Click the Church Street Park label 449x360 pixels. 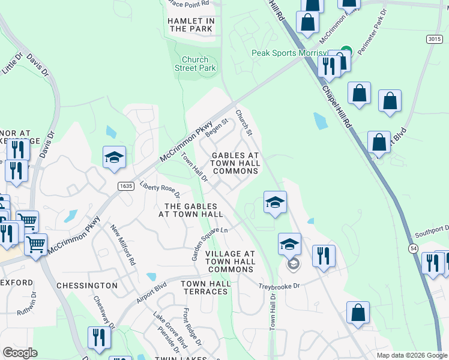(x=195, y=64)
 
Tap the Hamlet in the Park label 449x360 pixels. (x=190, y=25)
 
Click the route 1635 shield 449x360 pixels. (x=125, y=187)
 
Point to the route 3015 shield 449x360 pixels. (x=435, y=39)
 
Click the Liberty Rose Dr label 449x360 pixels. (x=160, y=188)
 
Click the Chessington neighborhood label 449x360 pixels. (x=86, y=285)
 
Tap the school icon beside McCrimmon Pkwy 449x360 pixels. (x=114, y=157)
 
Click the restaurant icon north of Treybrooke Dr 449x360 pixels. (x=324, y=256)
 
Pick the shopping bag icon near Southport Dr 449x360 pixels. (x=358, y=313)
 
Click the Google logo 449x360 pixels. (x=20, y=353)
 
